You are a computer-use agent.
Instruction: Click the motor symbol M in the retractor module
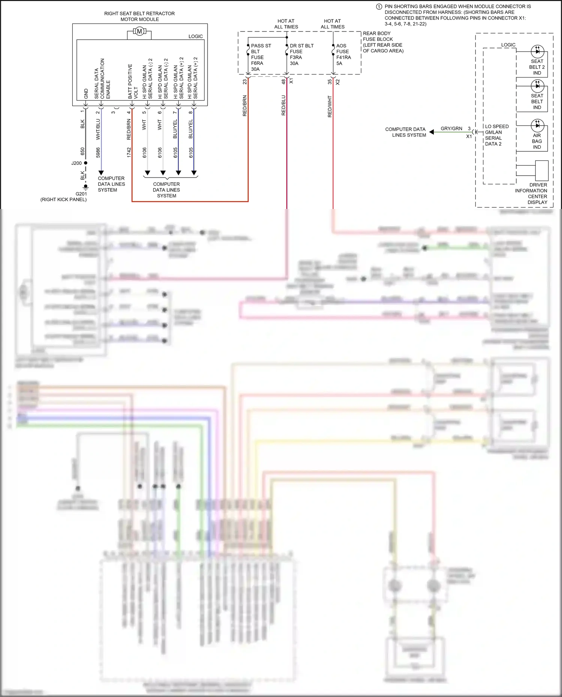pyautogui.click(x=139, y=31)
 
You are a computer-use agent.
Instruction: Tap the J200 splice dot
pyautogui.click(x=85, y=163)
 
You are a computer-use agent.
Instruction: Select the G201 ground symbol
pyautogui.click(x=85, y=187)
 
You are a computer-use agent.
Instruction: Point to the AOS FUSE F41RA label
pyautogui.click(x=343, y=54)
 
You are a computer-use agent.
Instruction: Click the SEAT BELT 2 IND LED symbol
pyautogui.click(x=537, y=51)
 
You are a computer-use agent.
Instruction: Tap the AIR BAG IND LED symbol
pyautogui.click(x=537, y=125)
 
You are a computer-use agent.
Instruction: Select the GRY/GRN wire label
pyautogui.click(x=451, y=128)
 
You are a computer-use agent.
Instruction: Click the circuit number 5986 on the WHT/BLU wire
pyautogui.click(x=98, y=152)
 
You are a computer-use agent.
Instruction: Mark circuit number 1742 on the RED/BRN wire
pyautogui.click(x=129, y=152)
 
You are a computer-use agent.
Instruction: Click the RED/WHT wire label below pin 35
pyautogui.click(x=330, y=106)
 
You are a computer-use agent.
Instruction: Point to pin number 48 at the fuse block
pyautogui.click(x=284, y=81)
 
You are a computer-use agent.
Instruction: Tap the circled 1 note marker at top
pyautogui.click(x=379, y=7)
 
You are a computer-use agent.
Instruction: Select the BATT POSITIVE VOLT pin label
pyautogui.click(x=133, y=81)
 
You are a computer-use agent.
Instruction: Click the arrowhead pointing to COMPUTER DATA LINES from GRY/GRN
pyautogui.click(x=432, y=132)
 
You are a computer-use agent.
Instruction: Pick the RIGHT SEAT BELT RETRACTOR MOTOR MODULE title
pyautogui.click(x=139, y=16)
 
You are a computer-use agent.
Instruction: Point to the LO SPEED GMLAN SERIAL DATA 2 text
pyautogui.click(x=496, y=135)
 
